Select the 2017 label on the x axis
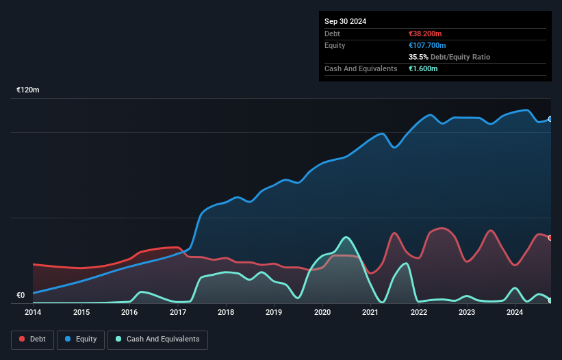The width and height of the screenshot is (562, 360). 178,313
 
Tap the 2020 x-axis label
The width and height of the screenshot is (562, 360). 322,313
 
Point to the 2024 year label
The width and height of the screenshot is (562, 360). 515,313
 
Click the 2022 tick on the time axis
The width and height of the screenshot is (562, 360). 419,313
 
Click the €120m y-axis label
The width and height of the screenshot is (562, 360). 28,90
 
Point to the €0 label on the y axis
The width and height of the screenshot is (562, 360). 21,296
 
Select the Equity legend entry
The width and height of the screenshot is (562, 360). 81,339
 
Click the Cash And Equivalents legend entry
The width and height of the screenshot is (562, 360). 157,339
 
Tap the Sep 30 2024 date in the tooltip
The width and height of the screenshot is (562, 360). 345,21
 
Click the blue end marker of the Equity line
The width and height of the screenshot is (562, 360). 550,119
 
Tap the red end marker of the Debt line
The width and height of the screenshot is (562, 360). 550,237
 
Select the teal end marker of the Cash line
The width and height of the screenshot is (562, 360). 550,300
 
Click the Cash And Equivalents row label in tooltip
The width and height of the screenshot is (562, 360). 361,68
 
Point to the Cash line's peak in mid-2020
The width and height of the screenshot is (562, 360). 347,237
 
